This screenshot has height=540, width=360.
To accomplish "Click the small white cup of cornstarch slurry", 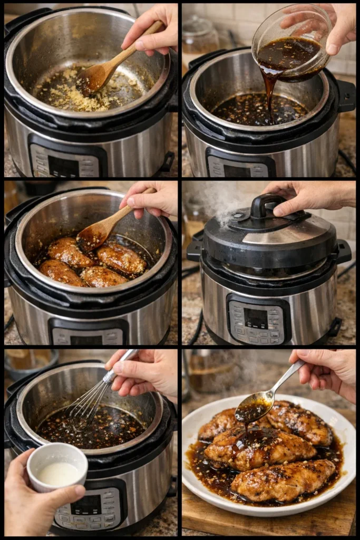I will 57,466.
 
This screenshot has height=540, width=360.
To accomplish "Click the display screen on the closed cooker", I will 256,318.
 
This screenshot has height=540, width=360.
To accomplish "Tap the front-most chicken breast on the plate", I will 284,480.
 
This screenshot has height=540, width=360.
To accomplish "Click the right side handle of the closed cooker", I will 344,252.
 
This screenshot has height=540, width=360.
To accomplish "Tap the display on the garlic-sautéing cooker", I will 64,166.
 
